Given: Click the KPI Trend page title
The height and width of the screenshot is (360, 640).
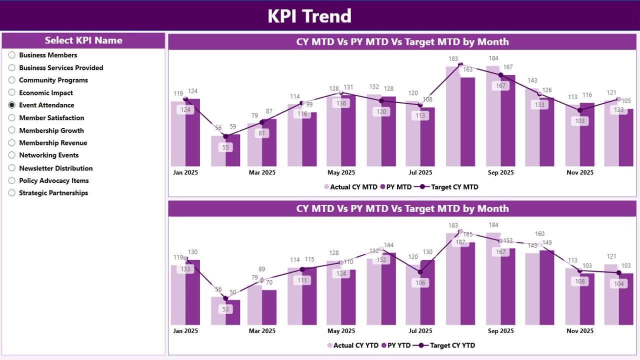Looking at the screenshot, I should (309, 16).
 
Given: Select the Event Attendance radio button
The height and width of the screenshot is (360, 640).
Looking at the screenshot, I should (12, 105).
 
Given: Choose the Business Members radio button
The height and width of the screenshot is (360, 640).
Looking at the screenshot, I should (12, 55).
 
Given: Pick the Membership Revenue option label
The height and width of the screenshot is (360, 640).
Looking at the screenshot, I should (53, 143).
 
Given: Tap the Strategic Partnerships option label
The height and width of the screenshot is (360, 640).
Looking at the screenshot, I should (53, 193).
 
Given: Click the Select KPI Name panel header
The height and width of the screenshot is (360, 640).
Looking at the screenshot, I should (83, 40).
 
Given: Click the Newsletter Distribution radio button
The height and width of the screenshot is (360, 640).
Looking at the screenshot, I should (12, 168).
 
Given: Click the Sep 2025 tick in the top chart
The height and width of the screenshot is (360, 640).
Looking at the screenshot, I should (500, 172).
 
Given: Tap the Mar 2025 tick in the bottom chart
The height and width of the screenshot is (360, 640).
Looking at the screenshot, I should (262, 331).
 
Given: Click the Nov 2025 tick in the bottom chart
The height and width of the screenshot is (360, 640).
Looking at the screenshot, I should (579, 331).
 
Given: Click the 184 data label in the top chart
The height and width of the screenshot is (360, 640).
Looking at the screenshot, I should (493, 58).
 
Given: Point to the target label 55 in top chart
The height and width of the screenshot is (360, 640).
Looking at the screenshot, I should (225, 147).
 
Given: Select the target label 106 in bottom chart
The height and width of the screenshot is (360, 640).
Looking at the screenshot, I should (420, 283).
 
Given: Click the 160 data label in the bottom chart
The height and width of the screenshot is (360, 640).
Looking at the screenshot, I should (539, 234).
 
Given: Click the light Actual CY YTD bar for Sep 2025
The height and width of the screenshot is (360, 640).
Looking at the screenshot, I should (493, 280).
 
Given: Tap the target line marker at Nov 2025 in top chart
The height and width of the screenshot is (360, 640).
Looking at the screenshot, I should (579, 110).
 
